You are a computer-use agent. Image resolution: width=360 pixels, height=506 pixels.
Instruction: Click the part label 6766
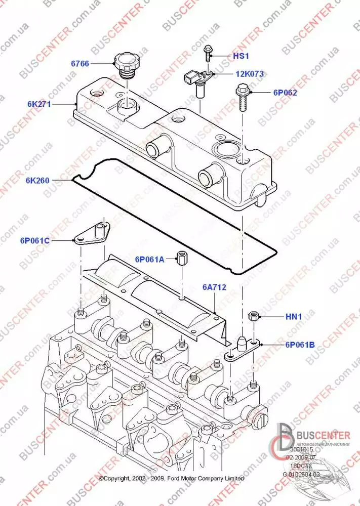pos(80,63)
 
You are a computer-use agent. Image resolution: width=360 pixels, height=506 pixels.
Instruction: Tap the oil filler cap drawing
pos(126,65)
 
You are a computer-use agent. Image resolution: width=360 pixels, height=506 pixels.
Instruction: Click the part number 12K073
pos(249,74)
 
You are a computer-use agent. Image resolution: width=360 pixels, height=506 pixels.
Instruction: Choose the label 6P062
pos(285,93)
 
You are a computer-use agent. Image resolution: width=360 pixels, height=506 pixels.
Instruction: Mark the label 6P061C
pos(35,240)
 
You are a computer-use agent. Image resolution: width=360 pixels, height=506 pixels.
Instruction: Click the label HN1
pos(294,317)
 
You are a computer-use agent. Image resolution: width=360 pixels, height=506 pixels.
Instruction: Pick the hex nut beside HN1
pos(254,318)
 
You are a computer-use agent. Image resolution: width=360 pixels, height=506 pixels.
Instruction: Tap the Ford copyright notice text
pos(171,479)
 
